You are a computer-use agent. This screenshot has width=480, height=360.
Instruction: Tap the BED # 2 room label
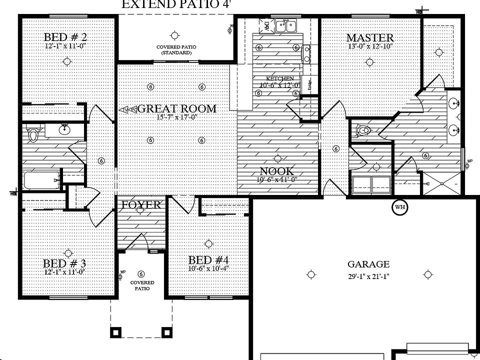[x=66, y=37]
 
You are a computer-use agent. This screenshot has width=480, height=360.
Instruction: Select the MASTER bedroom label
[x=369, y=38]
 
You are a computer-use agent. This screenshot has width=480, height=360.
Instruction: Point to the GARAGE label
[x=368, y=264]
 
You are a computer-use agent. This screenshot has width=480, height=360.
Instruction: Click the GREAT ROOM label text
[x=176, y=108]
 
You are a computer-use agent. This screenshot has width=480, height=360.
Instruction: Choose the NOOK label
[x=276, y=171]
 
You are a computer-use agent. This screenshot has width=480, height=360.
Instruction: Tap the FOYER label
[x=142, y=205]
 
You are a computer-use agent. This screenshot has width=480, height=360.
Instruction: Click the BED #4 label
[x=208, y=260]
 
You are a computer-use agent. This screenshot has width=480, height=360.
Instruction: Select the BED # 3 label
[x=64, y=263]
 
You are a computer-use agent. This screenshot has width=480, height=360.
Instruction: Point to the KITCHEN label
[x=279, y=79]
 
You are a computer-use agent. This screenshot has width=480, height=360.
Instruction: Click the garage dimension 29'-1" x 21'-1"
[x=368, y=276]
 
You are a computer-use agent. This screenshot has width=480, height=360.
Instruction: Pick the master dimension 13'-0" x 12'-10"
[x=370, y=46]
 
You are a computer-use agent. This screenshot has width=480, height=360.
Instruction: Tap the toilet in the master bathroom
[x=363, y=131]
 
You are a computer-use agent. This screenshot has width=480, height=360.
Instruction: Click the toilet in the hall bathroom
[x=33, y=134]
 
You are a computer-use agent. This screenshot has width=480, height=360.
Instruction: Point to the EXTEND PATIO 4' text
[x=176, y=5]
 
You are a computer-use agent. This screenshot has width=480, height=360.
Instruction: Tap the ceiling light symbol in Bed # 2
[x=66, y=61]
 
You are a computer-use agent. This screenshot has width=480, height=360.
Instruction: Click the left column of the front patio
[x=116, y=331]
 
